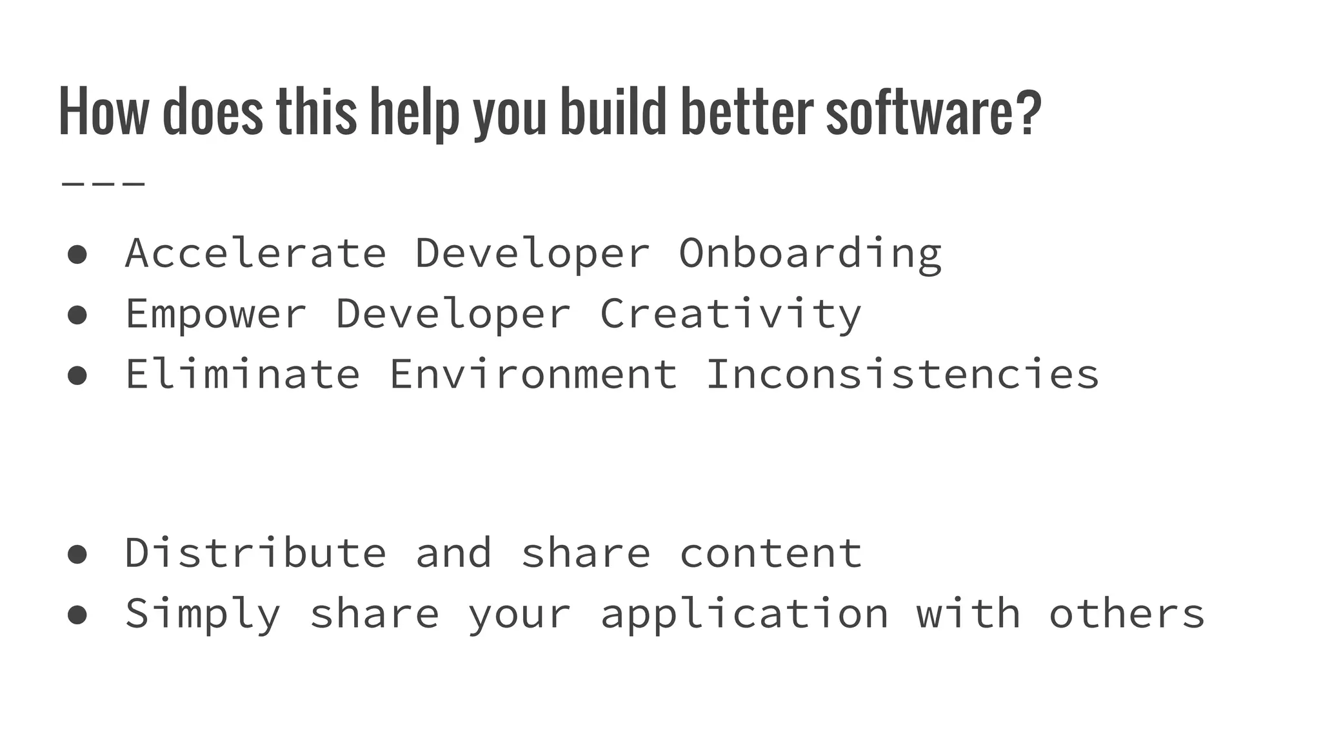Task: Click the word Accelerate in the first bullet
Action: [255, 253]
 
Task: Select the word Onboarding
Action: [810, 254]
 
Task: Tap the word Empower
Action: [215, 315]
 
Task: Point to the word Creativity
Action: [731, 315]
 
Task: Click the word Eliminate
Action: [243, 374]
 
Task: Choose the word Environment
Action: [533, 374]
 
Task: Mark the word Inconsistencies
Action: [903, 374]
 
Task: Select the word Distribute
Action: [255, 553]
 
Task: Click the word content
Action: [771, 553]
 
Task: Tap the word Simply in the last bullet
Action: [203, 614]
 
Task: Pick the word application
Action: [744, 614]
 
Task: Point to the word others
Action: [1126, 613]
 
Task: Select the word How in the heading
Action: [103, 112]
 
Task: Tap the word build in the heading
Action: [613, 112]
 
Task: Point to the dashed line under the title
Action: [103, 184]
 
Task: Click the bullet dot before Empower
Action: [77, 315]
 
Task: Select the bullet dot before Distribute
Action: [77, 554]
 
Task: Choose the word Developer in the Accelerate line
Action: [532, 253]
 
